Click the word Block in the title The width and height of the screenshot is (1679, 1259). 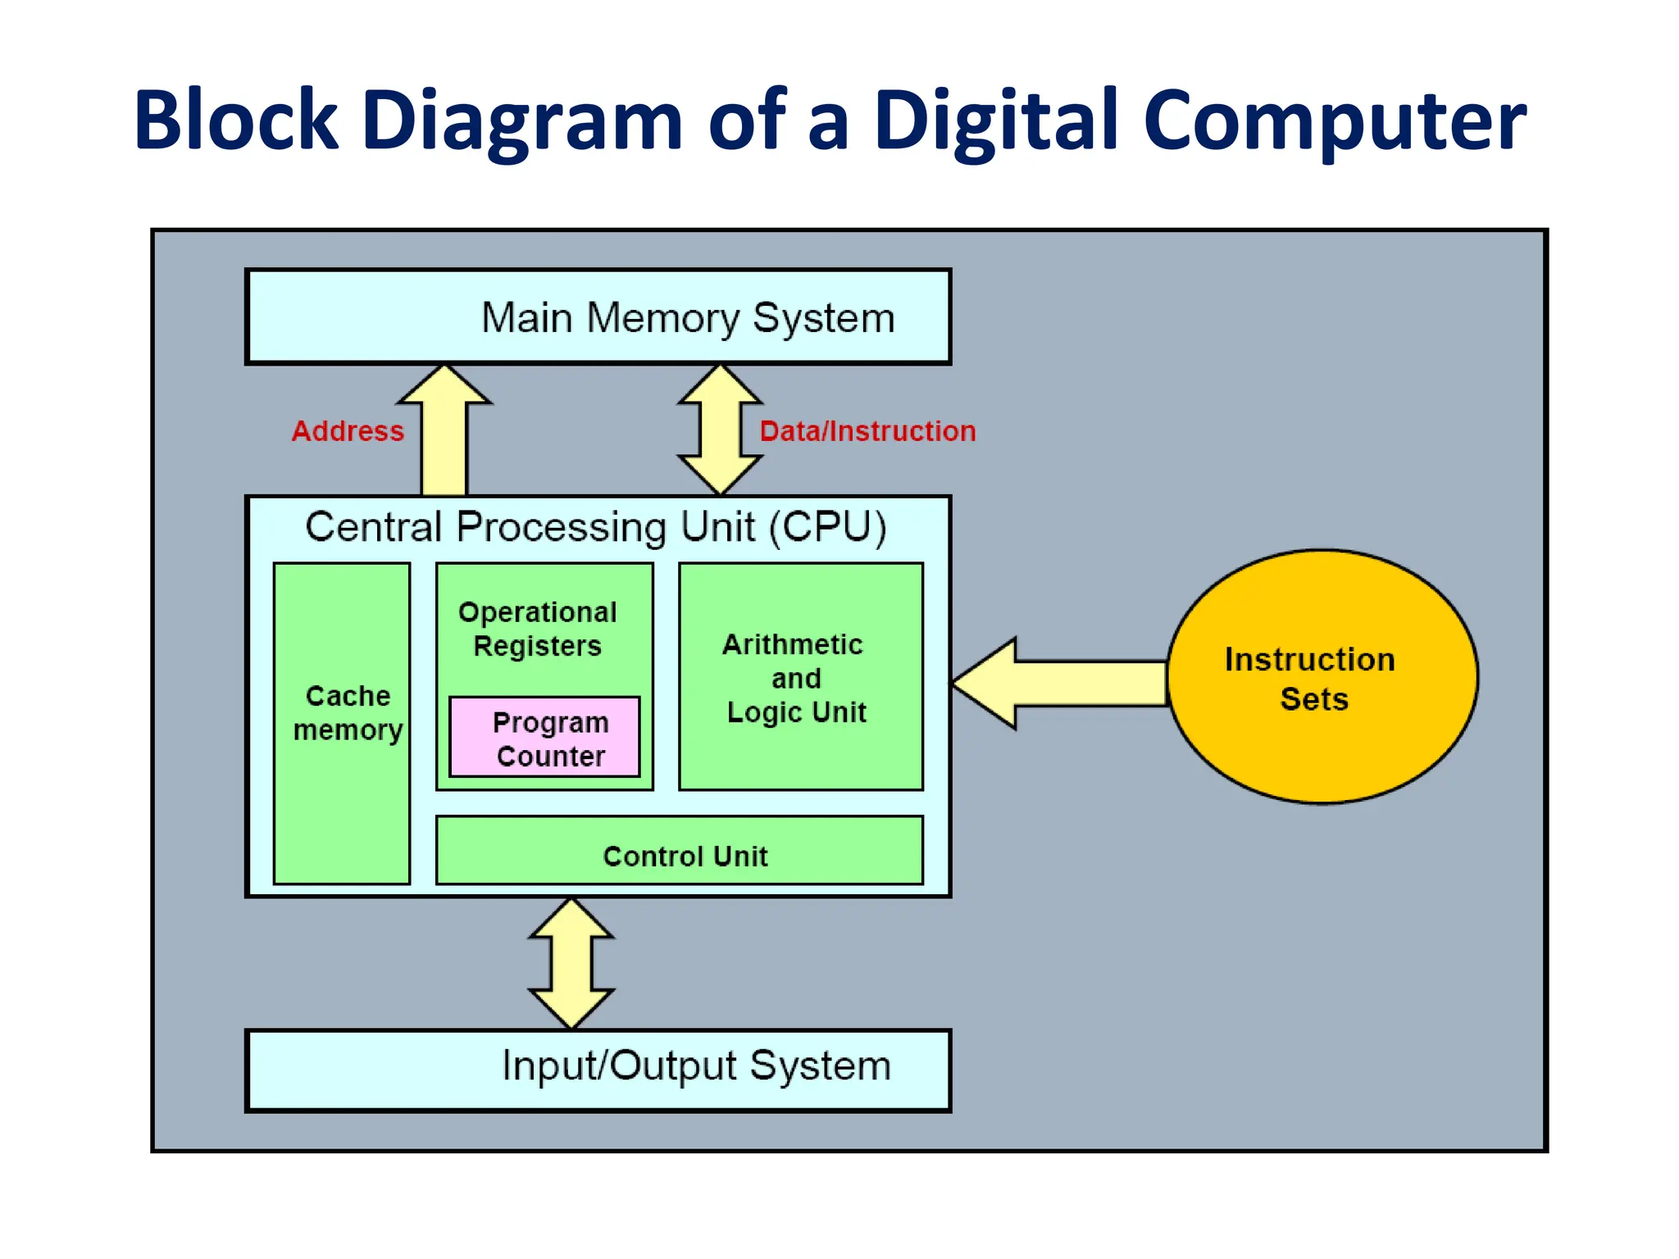(x=236, y=121)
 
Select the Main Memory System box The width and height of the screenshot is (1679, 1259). (x=598, y=317)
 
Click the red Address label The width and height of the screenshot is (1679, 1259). (x=348, y=431)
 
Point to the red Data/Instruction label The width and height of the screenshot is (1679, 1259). (x=867, y=431)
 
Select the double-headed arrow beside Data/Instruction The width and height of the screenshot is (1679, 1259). (x=720, y=430)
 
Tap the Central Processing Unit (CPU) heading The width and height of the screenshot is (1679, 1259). (x=596, y=527)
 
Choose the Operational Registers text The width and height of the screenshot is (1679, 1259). (x=538, y=629)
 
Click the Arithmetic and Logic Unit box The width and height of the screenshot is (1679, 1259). (x=800, y=677)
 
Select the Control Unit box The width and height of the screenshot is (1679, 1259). (x=680, y=851)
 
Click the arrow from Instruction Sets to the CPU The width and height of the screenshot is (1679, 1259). (x=1066, y=683)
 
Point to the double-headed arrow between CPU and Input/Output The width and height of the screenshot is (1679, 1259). (x=571, y=963)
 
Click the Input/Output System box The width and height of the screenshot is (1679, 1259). (x=598, y=1070)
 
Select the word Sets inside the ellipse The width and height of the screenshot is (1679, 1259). (x=1314, y=699)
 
